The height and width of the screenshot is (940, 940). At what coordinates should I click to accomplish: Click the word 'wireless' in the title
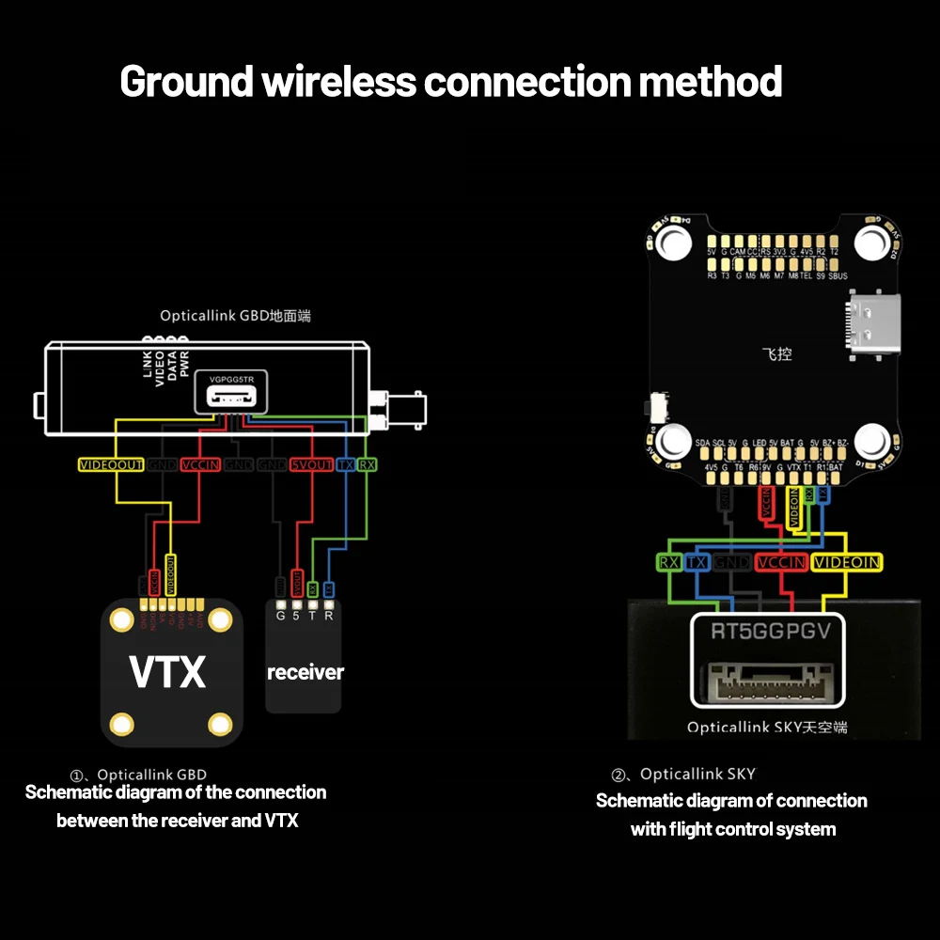point(338,82)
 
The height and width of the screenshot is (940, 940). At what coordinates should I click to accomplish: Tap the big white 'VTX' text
point(167,672)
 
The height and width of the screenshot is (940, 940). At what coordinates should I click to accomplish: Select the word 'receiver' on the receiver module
point(305,672)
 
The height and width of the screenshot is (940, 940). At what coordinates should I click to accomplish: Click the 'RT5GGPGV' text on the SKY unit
point(770,631)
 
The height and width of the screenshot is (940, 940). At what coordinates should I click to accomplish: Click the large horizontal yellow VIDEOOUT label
point(112,465)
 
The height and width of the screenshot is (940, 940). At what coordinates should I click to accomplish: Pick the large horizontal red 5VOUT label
point(311,465)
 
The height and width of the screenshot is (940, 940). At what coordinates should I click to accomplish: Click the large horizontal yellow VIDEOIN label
point(847,562)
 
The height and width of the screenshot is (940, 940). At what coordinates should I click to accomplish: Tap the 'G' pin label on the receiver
point(280,616)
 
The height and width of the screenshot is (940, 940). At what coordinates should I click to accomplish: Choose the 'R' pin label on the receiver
point(329,616)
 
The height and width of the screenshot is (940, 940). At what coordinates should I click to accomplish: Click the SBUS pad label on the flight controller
point(836,276)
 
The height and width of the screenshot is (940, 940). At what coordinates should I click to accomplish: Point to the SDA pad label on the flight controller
point(702,443)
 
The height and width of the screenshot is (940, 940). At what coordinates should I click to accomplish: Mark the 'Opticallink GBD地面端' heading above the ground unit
point(234,317)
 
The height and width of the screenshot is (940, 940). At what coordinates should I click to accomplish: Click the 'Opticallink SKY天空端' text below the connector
point(766,727)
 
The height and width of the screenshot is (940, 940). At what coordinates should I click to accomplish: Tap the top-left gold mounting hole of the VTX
point(121,619)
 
